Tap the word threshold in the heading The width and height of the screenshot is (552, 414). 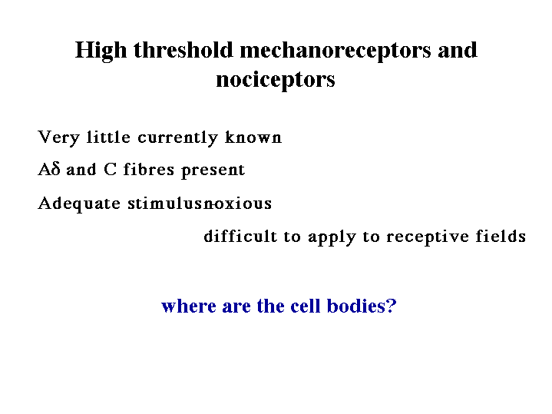183,50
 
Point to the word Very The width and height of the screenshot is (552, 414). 58,137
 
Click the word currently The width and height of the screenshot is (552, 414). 177,138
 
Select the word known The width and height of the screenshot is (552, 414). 253,137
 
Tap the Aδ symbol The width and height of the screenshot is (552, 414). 49,169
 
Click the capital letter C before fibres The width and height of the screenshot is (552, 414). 110,170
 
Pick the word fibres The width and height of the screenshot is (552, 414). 149,169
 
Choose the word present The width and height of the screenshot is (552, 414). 213,171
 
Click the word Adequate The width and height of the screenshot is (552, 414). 79,204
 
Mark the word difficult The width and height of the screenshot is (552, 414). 240,236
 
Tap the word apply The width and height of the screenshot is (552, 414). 332,237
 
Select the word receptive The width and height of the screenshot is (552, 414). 428,237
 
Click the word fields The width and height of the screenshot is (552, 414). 501,236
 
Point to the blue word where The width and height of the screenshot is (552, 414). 189,306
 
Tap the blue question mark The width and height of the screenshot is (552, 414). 392,306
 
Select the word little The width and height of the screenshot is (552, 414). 108,137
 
